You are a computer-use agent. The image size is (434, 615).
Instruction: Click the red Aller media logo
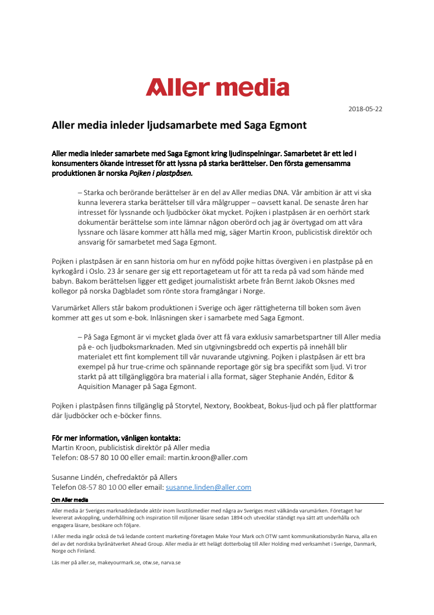pos(217,87)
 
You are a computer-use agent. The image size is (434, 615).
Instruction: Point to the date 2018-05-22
pos(365,109)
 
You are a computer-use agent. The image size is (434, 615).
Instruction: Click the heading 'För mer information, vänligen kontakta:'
pos(116,437)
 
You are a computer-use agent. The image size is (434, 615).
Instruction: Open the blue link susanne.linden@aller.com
pos(208,487)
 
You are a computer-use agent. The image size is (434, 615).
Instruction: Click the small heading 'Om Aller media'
pos(69,499)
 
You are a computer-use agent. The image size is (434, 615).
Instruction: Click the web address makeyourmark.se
pos(119,563)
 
